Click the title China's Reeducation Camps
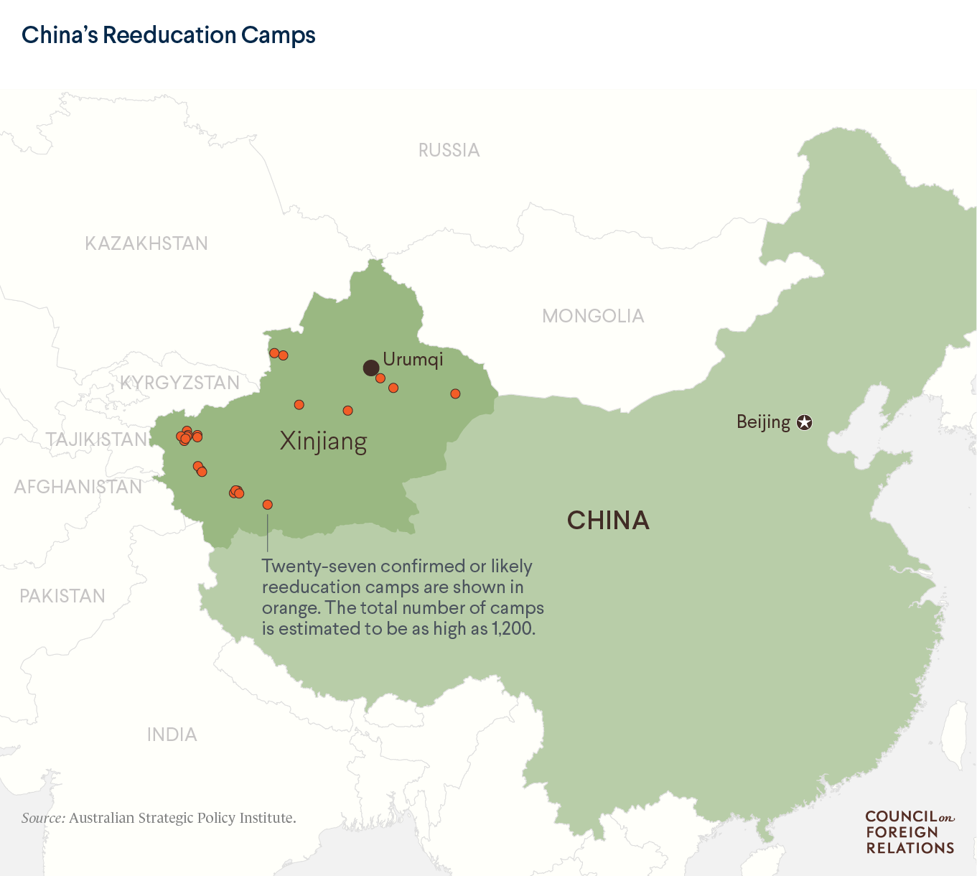click(x=169, y=34)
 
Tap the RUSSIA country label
click(x=449, y=150)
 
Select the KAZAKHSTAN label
click(x=146, y=243)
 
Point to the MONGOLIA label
click(x=593, y=316)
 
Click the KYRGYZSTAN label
click(x=179, y=383)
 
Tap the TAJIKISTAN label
click(x=96, y=439)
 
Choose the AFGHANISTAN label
click(x=78, y=487)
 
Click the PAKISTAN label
click(x=62, y=596)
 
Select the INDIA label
click(x=172, y=735)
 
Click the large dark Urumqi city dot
click(x=371, y=368)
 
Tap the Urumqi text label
click(x=413, y=359)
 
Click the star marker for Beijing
click(x=805, y=422)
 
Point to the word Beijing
click(x=763, y=421)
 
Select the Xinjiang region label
click(x=323, y=441)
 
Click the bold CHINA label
click(x=608, y=521)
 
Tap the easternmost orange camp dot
click(x=455, y=393)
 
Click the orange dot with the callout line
click(x=268, y=505)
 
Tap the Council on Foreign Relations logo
click(x=910, y=832)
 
